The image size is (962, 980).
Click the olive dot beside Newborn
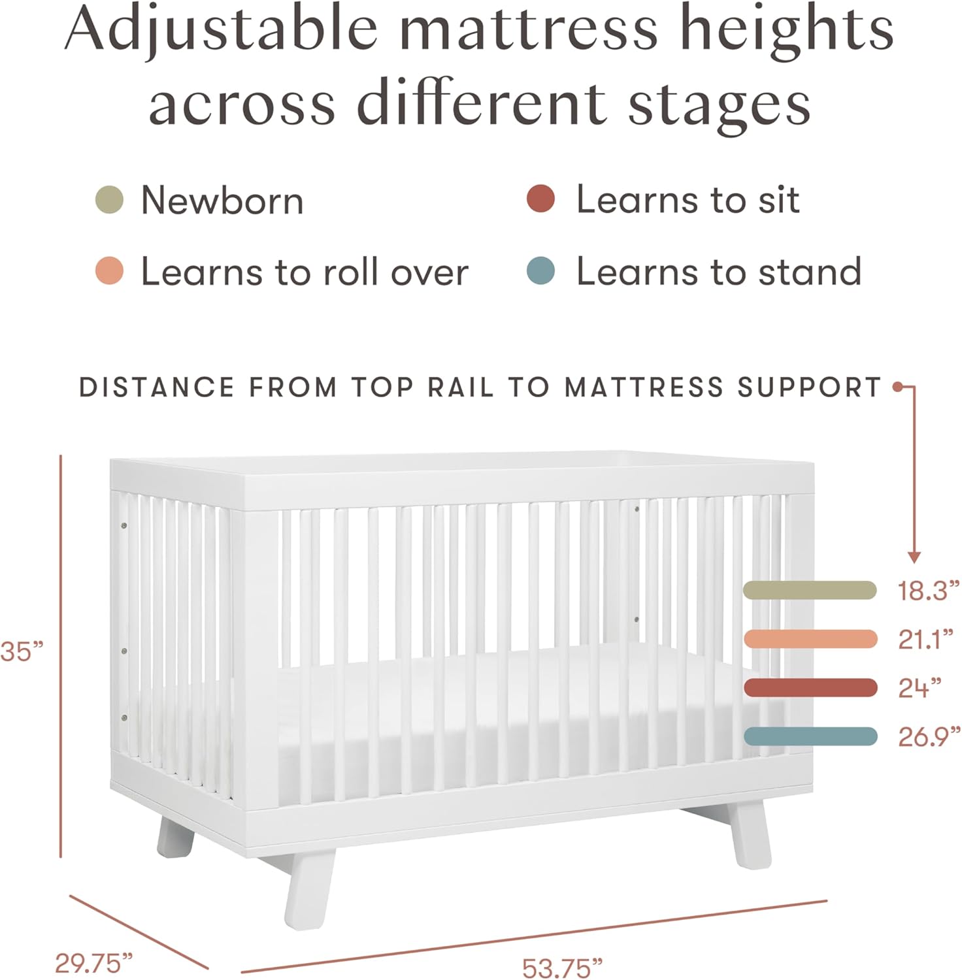click(x=109, y=200)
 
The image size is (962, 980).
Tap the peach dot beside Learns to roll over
click(x=109, y=270)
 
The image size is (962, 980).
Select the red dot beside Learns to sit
click(x=540, y=199)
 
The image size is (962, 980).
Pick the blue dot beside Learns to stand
click(x=540, y=270)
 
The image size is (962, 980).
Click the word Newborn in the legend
click(x=222, y=200)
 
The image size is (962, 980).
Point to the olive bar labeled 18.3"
click(x=810, y=590)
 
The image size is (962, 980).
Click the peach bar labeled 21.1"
click(x=810, y=639)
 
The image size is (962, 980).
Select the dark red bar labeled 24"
click(x=810, y=687)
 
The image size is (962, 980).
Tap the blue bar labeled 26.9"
click(x=810, y=736)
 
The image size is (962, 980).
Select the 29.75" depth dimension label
click(x=93, y=963)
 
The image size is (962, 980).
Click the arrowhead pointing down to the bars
click(x=914, y=557)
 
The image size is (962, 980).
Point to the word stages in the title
click(x=719, y=105)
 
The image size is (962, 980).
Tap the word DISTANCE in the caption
click(x=157, y=387)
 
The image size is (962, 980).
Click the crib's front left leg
click(x=308, y=889)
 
